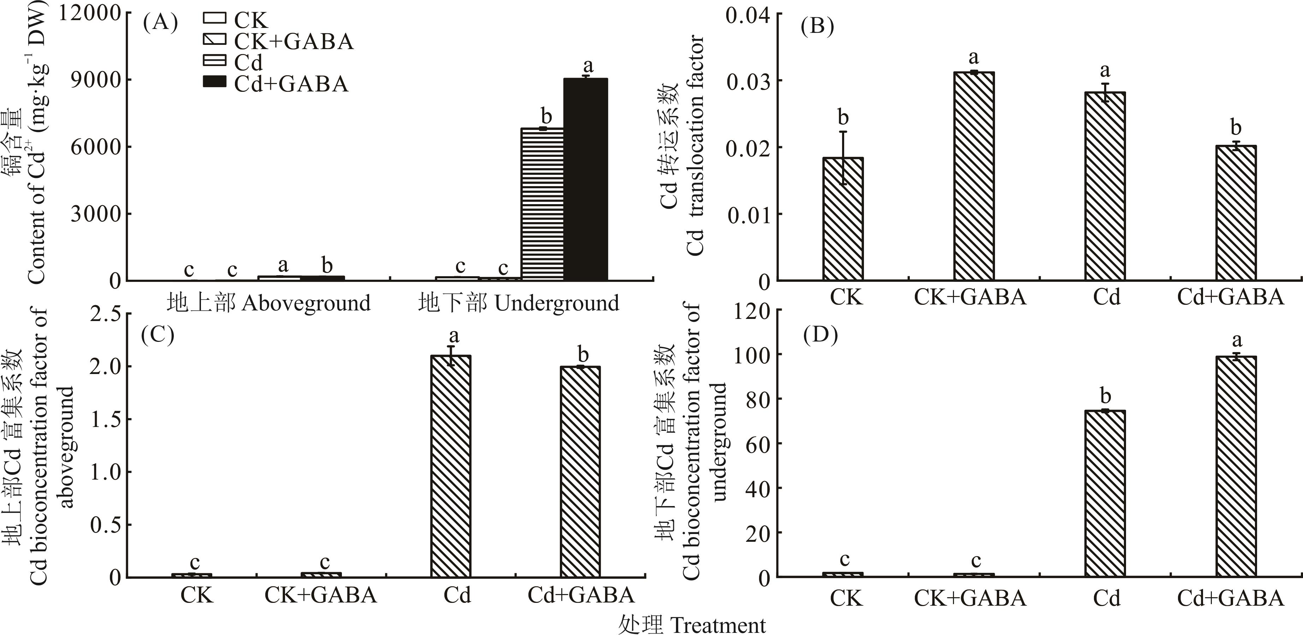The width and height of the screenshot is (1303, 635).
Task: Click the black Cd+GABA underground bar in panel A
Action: [x=586, y=179]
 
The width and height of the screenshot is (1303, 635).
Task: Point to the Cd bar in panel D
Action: [x=1105, y=493]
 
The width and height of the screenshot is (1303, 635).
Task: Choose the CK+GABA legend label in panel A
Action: [x=294, y=41]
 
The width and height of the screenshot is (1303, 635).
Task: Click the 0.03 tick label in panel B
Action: [x=748, y=81]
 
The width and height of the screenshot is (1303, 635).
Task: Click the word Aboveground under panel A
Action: [x=306, y=303]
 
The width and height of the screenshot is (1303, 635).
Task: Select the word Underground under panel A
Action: [x=556, y=303]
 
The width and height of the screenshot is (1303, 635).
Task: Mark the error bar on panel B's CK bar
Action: [x=843, y=158]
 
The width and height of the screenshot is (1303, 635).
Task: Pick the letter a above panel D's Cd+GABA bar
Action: [x=1237, y=340]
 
